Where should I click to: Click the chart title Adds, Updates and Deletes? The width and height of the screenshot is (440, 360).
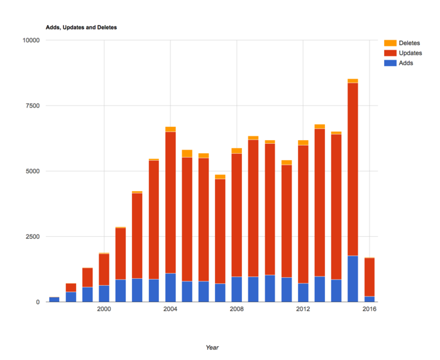81,28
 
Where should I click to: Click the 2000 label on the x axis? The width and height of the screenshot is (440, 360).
104,309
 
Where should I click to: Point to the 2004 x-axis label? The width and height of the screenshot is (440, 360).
170,309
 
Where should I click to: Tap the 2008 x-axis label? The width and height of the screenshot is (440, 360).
237,309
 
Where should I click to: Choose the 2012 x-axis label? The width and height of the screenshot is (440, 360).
303,309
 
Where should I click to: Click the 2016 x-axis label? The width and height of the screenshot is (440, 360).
370,309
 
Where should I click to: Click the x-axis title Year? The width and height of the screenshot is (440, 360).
212,347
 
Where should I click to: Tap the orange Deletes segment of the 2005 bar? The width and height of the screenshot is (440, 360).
187,153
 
